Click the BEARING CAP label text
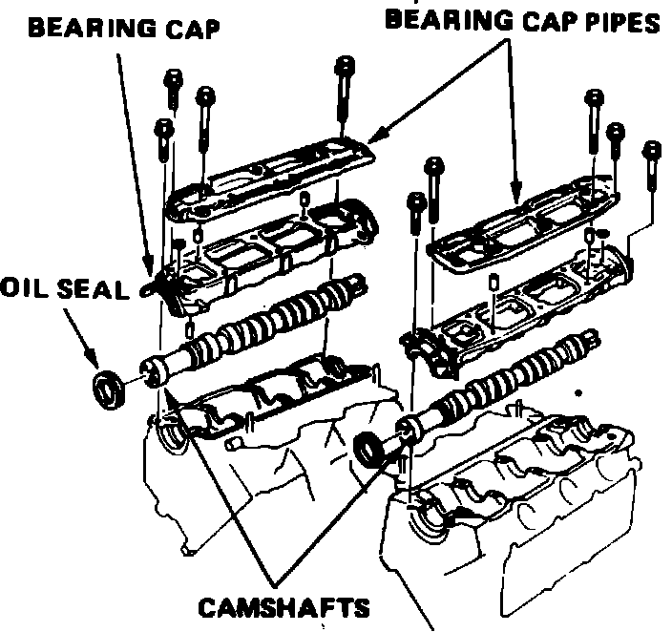click(124, 28)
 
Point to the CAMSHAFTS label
click(283, 608)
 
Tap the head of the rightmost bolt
click(653, 151)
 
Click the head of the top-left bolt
click(174, 78)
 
